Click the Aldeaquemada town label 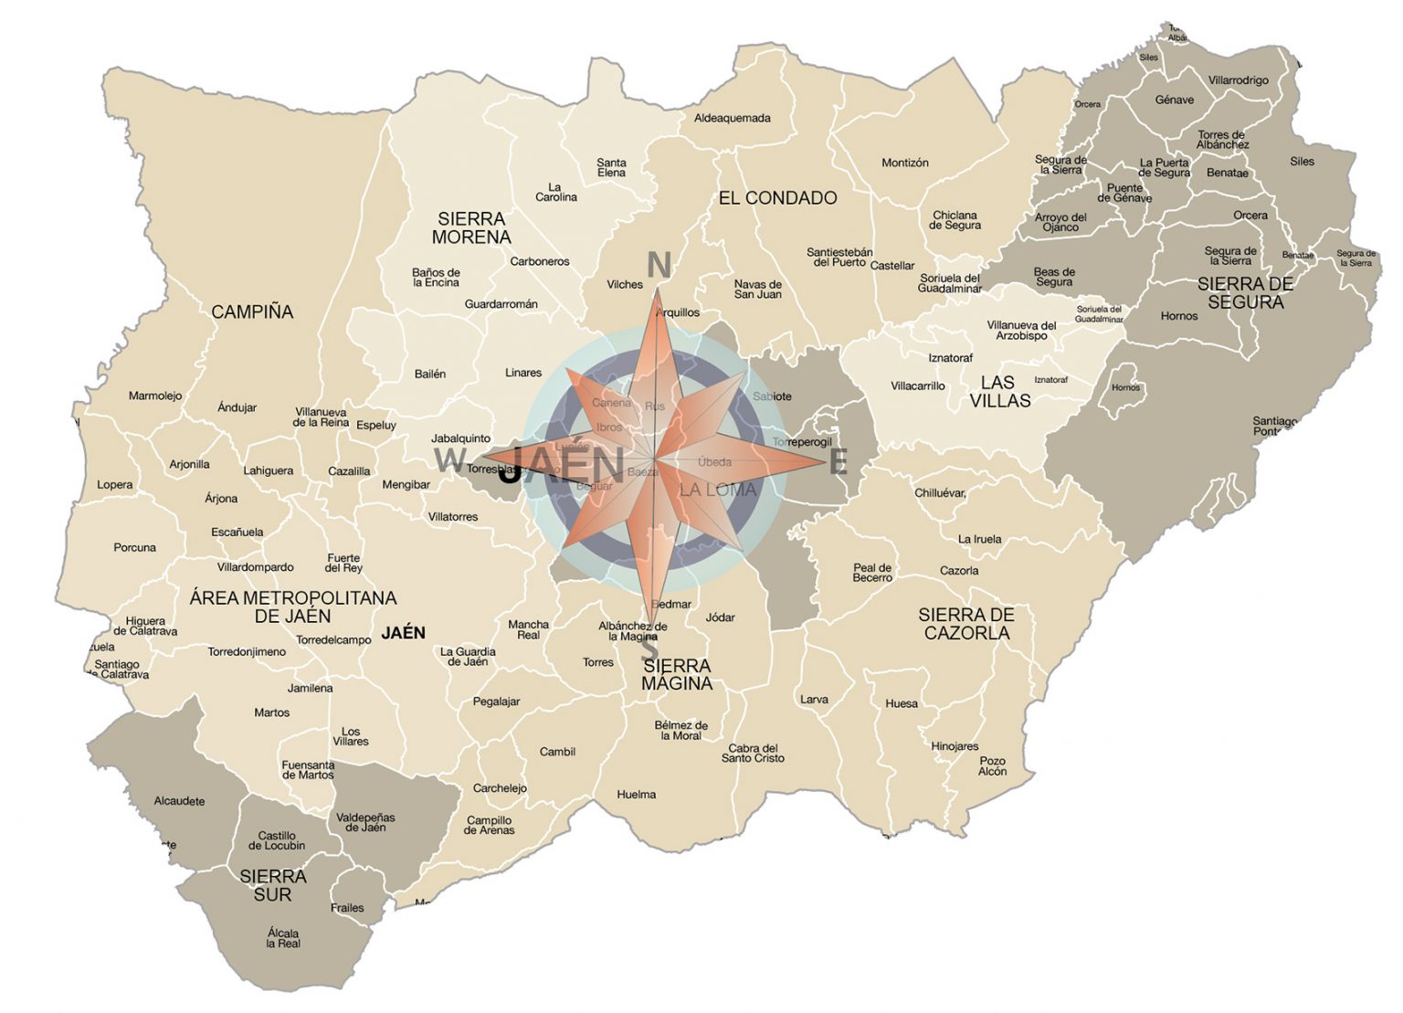pos(732,118)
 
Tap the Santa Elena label pos(611,167)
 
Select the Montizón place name pos(904,163)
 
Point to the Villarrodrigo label pos(1238,80)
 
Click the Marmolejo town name pos(154,396)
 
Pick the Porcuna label pos(134,547)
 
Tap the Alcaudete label pos(179,801)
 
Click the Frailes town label pos(347,907)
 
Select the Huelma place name pos(636,794)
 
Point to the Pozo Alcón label pos(992,765)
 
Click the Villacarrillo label pos(917,385)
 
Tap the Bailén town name pos(429,374)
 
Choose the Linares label pos(522,373)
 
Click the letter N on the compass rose pos(659,265)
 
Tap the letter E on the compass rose pos(838,462)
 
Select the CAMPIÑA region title pos(252,311)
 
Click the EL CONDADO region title pos(777,197)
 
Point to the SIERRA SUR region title pos(272,885)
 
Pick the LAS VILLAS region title pos(999,391)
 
